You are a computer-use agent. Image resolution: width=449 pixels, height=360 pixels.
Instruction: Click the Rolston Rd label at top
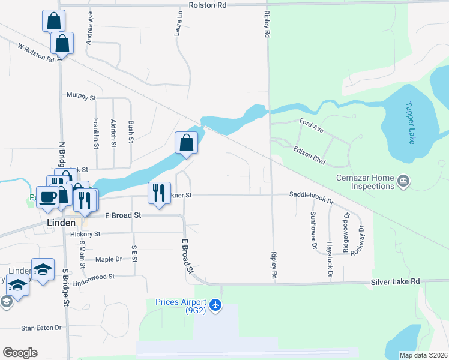(208, 5)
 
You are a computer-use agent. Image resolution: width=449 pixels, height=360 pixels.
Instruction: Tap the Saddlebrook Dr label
(312, 195)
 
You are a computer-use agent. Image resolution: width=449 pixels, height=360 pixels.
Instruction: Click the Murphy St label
(81, 97)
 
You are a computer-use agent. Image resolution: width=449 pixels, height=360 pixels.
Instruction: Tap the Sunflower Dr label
(313, 230)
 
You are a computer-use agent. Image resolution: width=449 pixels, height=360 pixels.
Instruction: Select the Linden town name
(61, 222)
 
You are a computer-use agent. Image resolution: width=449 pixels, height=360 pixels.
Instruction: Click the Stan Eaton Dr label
(41, 328)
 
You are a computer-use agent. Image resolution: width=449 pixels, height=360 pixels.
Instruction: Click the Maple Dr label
(109, 259)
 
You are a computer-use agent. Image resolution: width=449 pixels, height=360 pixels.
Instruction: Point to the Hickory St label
(84, 234)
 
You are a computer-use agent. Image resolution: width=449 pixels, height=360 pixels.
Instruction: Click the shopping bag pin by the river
(186, 144)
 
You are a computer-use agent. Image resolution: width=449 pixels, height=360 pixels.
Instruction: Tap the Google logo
(20, 353)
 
